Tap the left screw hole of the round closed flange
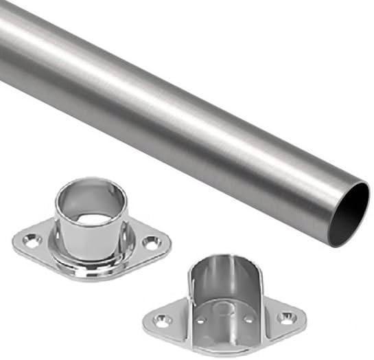coord(32,240)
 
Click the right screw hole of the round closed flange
coord(151,242)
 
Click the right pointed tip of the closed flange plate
coord(168,241)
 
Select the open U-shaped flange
coord(222,299)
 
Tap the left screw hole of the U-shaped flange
coord(161,320)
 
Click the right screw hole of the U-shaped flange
coord(284,318)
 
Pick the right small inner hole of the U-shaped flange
coord(248,318)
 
